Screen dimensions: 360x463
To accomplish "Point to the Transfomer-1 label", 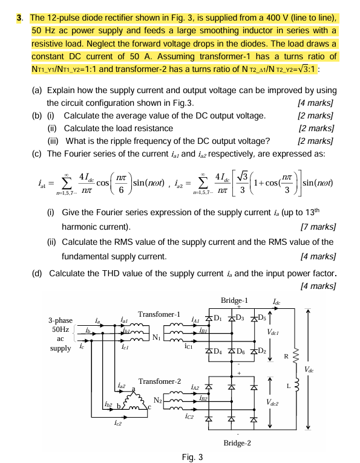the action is [160, 314].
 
